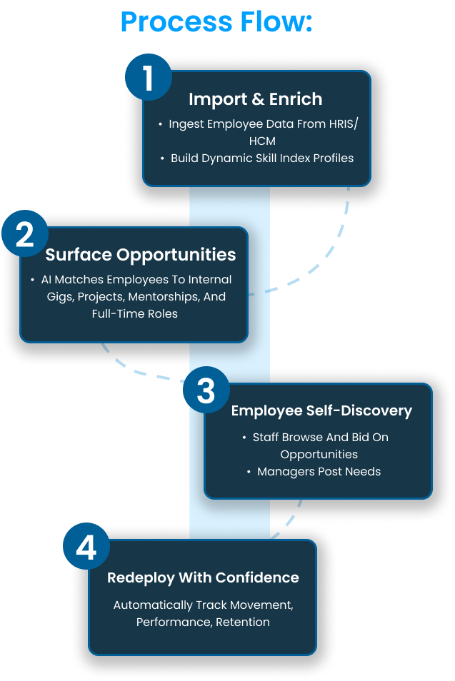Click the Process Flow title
[x=217, y=22]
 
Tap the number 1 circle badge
[x=149, y=77]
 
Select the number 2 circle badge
[x=25, y=235]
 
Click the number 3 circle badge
[x=206, y=391]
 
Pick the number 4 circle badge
[x=86, y=548]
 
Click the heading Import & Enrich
[x=255, y=99]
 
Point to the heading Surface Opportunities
[x=141, y=255]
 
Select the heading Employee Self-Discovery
[x=321, y=410]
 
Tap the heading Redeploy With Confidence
[x=203, y=577]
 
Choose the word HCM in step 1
[x=262, y=141]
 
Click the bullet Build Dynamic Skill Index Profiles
[x=262, y=158]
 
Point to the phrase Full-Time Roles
[x=134, y=313]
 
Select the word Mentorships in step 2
[x=166, y=296]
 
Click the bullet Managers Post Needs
[x=319, y=472]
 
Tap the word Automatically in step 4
[x=153, y=605]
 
